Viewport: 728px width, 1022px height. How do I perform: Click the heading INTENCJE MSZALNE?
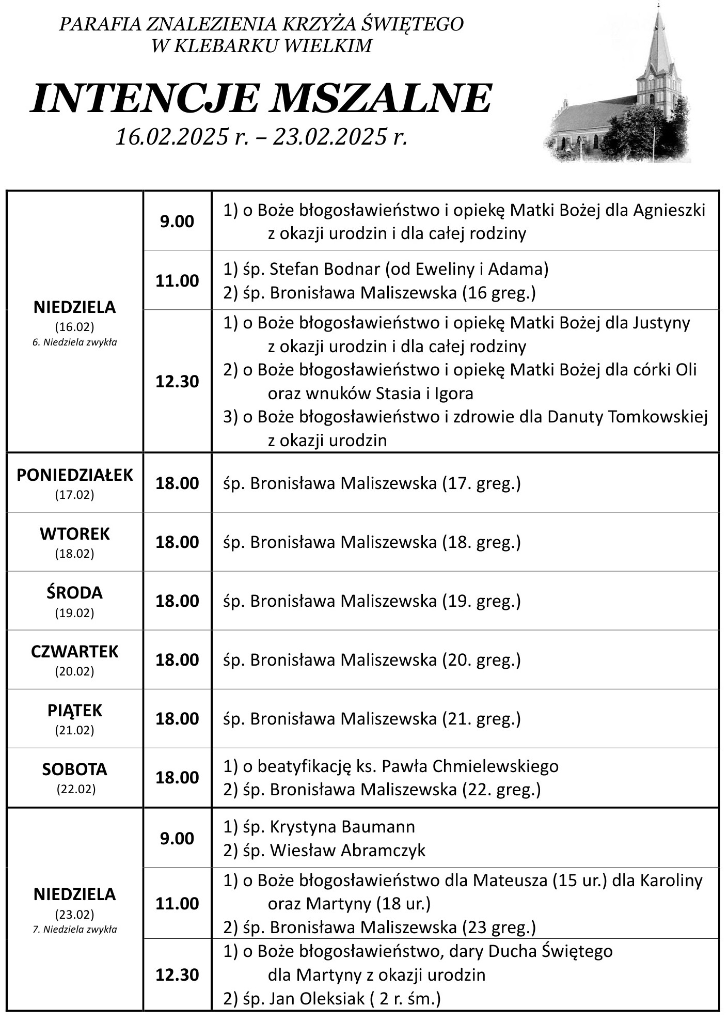tap(261, 98)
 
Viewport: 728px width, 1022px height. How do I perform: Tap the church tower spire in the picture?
tap(658, 36)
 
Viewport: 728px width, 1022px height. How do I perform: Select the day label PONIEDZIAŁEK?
tap(75, 475)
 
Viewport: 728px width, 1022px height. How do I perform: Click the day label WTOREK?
tap(75, 533)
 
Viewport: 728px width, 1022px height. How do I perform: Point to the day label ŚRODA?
tap(75, 592)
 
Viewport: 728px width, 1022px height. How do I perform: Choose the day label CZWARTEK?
tap(75, 651)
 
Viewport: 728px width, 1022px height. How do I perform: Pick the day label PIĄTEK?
tap(75, 710)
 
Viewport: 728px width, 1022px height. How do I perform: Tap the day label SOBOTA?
tap(75, 769)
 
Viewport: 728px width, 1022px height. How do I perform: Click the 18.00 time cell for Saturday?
tap(177, 777)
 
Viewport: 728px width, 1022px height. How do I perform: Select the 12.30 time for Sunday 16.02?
tap(177, 381)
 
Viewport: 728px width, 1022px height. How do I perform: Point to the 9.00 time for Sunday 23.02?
tap(177, 838)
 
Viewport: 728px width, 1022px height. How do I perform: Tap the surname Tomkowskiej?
tap(658, 417)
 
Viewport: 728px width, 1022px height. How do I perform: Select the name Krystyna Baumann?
tap(342, 826)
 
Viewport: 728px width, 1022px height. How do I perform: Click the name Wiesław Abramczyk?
tap(347, 850)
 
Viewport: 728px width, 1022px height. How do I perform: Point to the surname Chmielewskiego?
tap(496, 766)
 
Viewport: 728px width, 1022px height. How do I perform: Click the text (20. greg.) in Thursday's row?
tap(481, 659)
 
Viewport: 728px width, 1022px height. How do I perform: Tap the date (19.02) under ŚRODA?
tap(75, 613)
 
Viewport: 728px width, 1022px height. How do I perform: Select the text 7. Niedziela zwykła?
tap(75, 930)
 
